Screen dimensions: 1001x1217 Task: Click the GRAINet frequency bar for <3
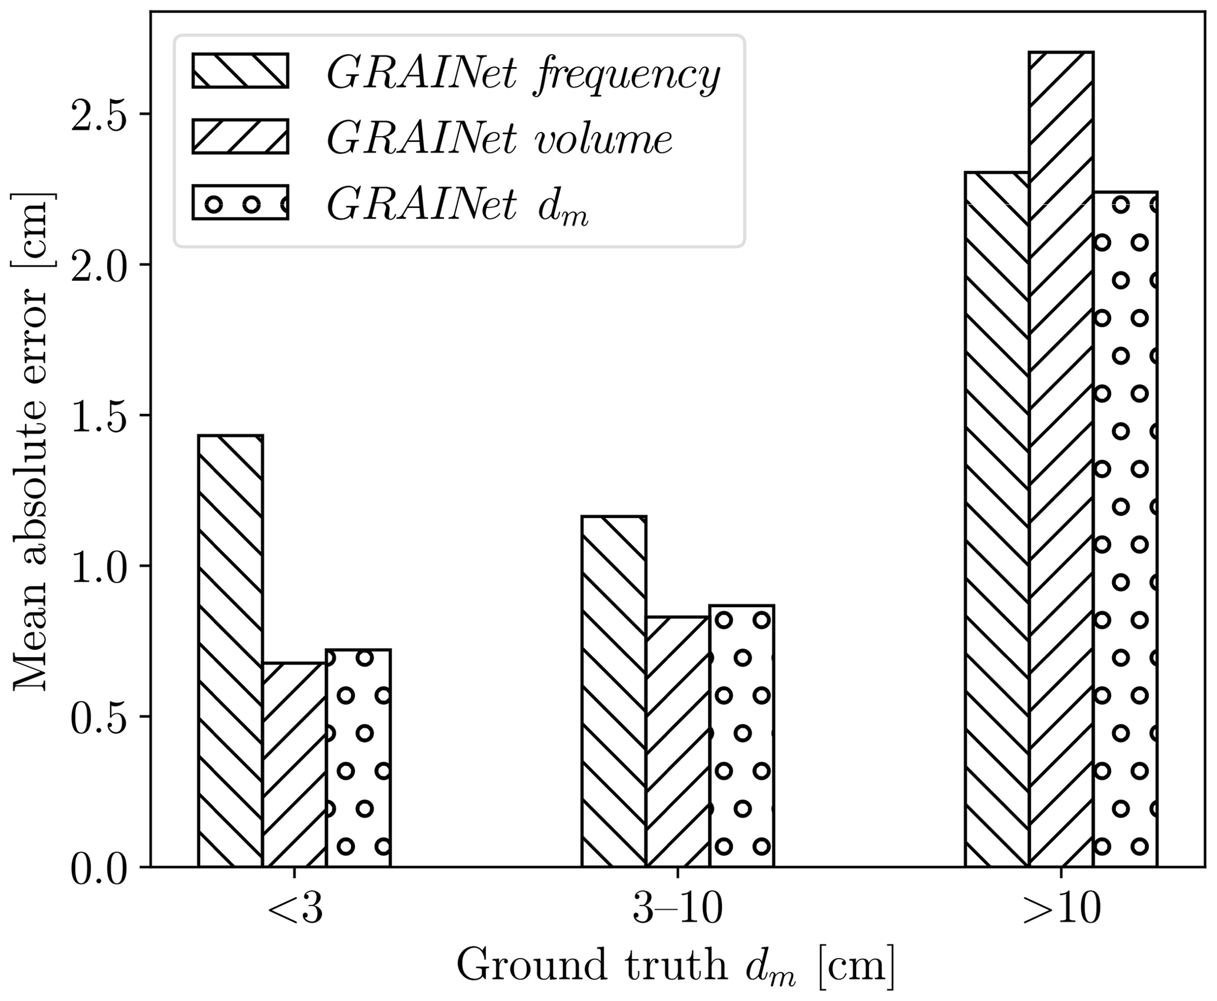pos(230,651)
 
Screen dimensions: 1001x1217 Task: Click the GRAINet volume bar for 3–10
pos(678,741)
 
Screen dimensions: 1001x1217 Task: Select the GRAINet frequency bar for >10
pos(997,519)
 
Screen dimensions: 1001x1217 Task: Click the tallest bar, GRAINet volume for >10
pos(1061,459)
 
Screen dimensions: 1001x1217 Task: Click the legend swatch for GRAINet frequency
pos(240,71)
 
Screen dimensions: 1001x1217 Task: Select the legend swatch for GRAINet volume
pos(240,137)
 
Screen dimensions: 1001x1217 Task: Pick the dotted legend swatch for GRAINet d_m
pos(240,203)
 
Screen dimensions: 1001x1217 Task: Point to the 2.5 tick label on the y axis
pos(100,114)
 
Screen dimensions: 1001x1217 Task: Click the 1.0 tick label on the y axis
pos(100,566)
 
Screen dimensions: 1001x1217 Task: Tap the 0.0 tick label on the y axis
pos(100,867)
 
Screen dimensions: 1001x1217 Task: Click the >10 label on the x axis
pos(1062,911)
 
